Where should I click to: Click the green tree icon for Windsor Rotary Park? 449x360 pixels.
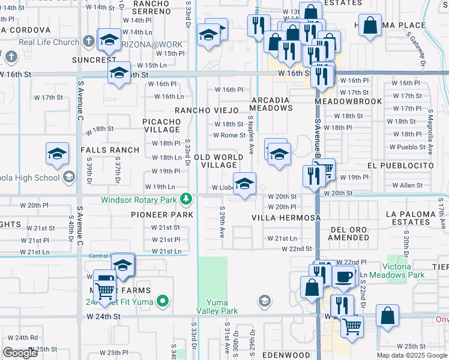coord(187,199)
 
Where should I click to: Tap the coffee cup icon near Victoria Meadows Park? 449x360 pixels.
coord(343,277)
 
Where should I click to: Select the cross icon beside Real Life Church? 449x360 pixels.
coord(88,42)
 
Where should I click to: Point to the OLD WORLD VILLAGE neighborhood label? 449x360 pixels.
coord(218,161)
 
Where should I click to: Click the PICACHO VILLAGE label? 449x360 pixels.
coord(161,125)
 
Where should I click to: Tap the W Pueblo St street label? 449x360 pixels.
coord(407,147)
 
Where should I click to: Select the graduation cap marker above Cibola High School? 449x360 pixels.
coord(57,154)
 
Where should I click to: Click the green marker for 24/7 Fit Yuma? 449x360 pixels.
coord(161,301)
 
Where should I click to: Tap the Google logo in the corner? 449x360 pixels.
coord(20,353)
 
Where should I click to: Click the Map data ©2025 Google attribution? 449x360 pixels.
coord(411,355)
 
